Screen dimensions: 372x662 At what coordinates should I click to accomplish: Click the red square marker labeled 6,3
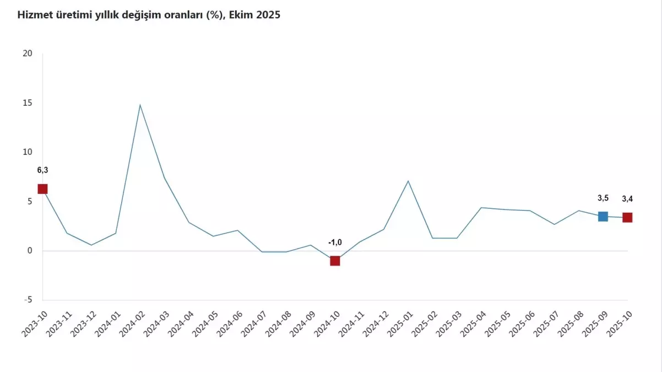click(x=42, y=189)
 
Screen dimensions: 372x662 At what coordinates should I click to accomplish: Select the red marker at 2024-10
click(x=335, y=261)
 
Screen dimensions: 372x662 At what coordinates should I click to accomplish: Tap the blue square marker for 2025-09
click(x=603, y=217)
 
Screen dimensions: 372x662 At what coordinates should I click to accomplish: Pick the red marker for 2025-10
click(x=627, y=218)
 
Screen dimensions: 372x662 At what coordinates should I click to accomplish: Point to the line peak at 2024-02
click(x=140, y=105)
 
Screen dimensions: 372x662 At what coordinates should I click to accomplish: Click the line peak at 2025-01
click(x=408, y=181)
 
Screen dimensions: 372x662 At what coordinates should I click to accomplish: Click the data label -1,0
click(x=335, y=242)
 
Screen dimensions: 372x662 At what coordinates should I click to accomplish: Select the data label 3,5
click(x=603, y=198)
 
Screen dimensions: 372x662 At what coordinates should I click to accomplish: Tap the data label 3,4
click(x=627, y=199)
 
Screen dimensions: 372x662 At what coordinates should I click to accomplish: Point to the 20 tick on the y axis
click(x=28, y=53)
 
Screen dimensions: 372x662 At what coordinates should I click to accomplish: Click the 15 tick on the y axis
click(x=28, y=103)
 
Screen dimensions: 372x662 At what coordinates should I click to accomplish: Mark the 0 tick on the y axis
click(x=30, y=251)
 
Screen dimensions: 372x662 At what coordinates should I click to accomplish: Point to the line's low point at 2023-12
click(x=91, y=245)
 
